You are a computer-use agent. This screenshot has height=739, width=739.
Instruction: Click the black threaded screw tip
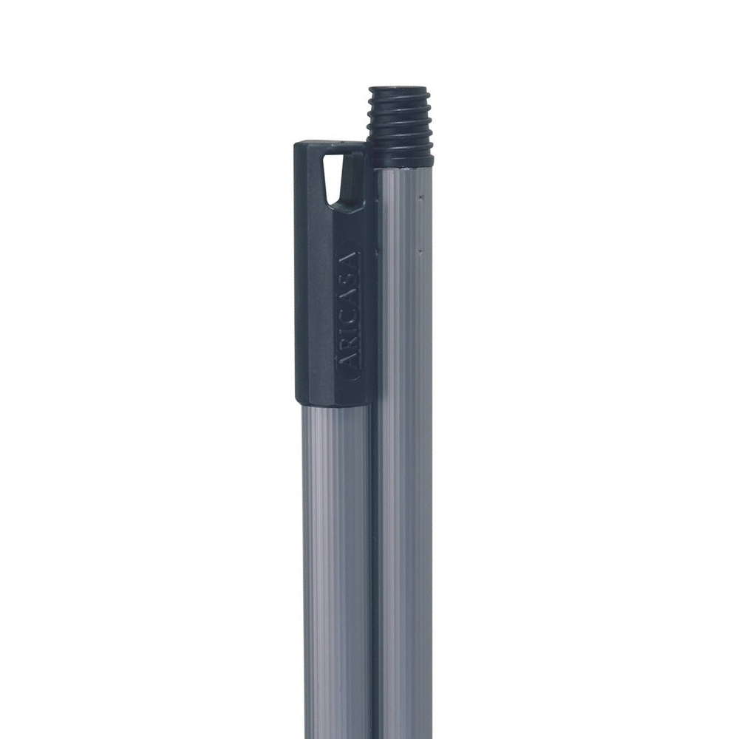399,126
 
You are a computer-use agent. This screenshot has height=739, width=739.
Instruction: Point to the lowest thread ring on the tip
400,154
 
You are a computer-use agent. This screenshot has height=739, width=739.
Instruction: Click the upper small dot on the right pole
421,196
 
